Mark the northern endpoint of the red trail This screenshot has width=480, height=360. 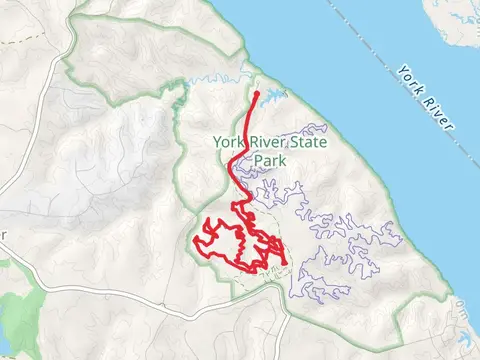[258, 93]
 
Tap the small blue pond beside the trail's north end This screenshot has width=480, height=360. [272, 97]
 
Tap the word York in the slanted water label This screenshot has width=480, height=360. [408, 80]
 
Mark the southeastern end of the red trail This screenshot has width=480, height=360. [286, 264]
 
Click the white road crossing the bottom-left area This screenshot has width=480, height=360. [100, 290]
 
